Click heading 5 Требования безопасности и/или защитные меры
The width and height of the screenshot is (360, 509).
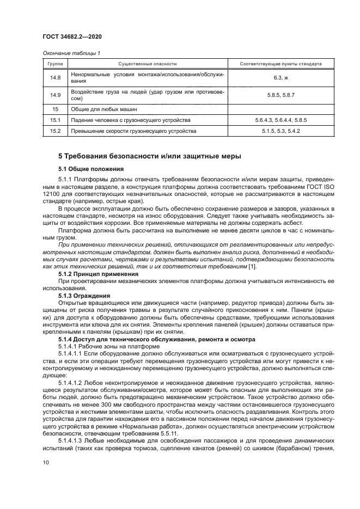click(150, 157)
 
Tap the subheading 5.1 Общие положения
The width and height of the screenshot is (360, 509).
click(91, 169)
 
